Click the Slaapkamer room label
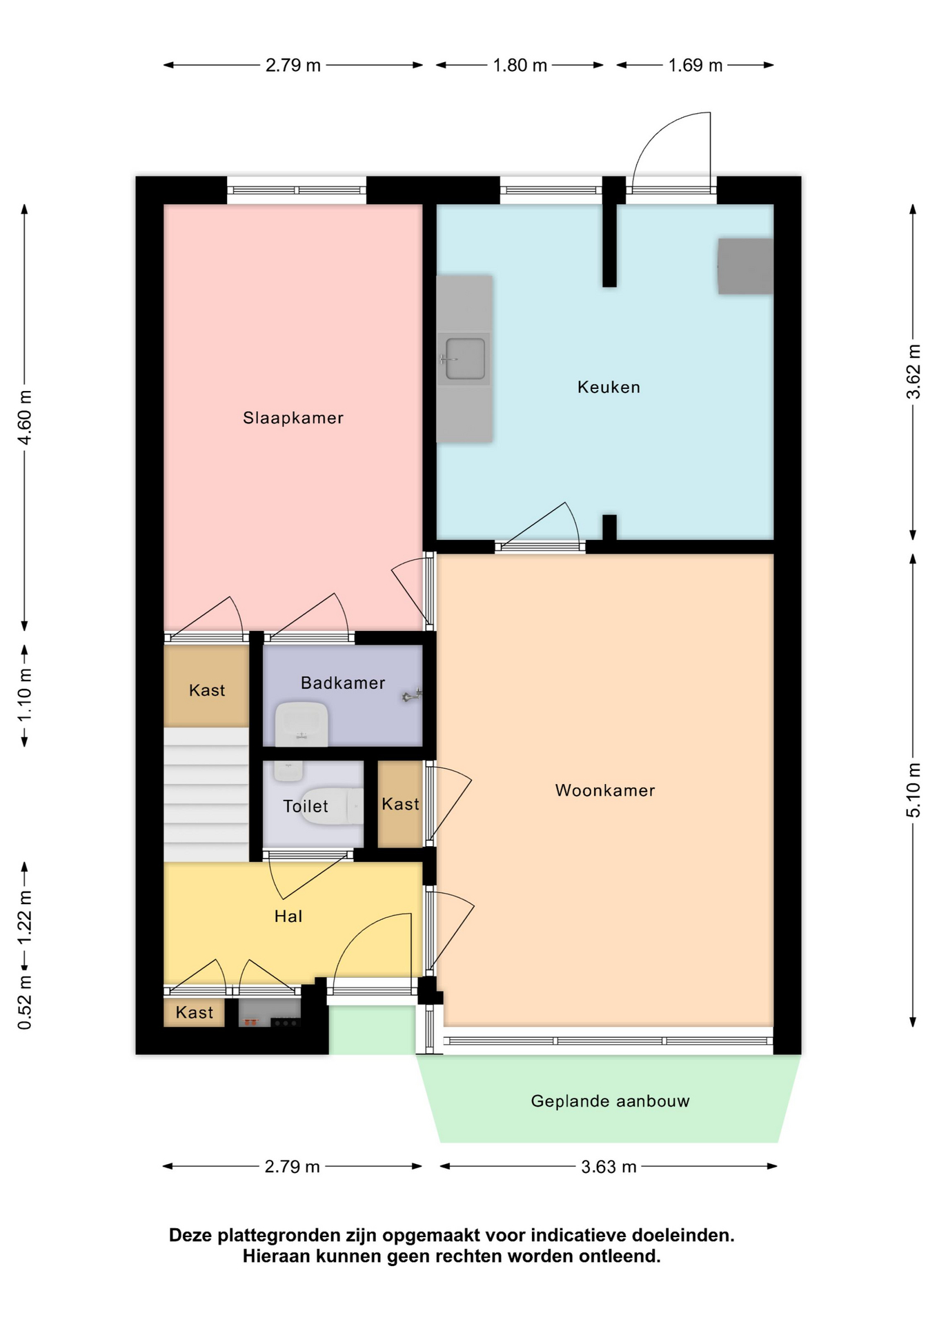coord(293,418)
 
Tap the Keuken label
coord(609,388)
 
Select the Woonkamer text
coord(605,790)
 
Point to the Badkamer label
coord(343,683)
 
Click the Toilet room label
coord(306,806)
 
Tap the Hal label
coord(288,916)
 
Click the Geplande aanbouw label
coord(610,1101)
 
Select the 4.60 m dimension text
coord(24,418)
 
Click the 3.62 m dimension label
coord(913,372)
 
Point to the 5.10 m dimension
coord(913,790)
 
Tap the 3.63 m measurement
coord(609,1167)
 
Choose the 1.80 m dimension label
coord(520,66)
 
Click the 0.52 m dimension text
coord(24,1002)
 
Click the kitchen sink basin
coord(465,359)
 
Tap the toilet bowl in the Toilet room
coord(333,805)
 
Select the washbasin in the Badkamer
coord(301,724)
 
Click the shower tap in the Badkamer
coord(411,697)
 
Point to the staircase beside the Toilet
coord(206,794)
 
